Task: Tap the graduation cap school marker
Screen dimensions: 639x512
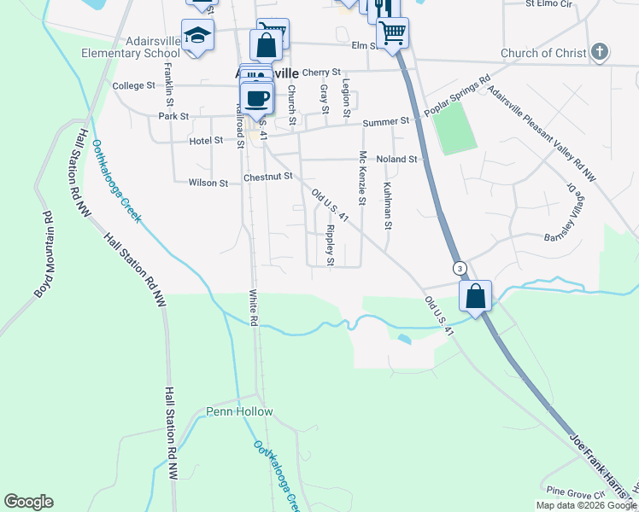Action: click(x=198, y=36)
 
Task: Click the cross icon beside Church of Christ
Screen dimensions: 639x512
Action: click(x=600, y=52)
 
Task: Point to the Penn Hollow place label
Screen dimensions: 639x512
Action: click(x=240, y=412)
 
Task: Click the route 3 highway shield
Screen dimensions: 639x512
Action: click(x=460, y=268)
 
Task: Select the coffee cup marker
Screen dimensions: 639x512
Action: click(x=256, y=97)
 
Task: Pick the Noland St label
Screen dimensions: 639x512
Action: click(x=396, y=160)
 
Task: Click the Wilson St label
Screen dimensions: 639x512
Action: click(x=208, y=183)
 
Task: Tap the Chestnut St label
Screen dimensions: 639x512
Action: click(x=268, y=177)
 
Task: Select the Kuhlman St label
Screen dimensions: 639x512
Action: click(x=388, y=206)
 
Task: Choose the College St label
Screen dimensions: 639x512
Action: click(x=133, y=86)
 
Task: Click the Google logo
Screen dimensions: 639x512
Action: click(x=28, y=502)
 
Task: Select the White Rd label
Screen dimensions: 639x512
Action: click(x=254, y=306)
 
